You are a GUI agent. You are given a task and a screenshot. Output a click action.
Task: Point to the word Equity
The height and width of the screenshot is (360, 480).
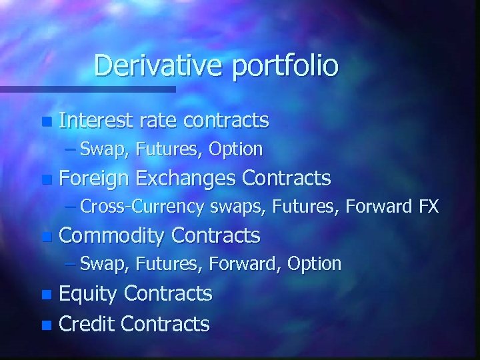tap(88, 294)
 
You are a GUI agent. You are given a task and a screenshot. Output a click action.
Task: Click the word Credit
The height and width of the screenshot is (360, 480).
tap(87, 324)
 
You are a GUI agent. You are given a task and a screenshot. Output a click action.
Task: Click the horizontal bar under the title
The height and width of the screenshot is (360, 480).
tap(87, 89)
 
